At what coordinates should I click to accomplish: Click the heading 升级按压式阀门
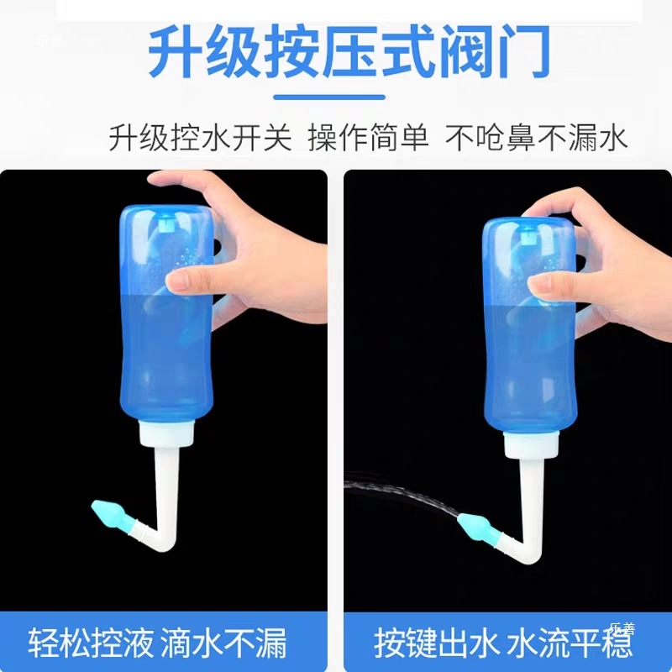349,52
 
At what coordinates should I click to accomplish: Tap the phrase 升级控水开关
200,137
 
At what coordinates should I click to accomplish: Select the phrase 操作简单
368,137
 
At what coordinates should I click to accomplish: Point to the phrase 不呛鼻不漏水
538,137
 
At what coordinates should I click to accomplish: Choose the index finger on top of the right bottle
554,206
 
